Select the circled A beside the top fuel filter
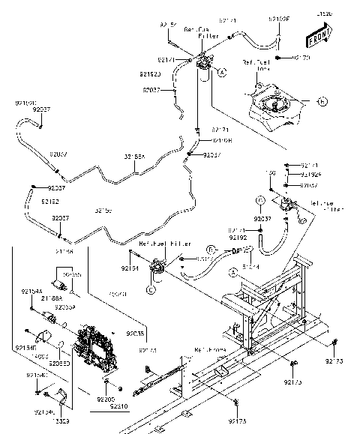click(223, 72)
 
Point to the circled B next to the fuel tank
click(322, 100)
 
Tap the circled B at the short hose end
click(211, 248)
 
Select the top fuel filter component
click(203, 67)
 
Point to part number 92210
click(118, 406)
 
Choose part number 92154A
click(31, 290)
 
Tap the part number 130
click(272, 173)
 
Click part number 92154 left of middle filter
click(130, 267)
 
